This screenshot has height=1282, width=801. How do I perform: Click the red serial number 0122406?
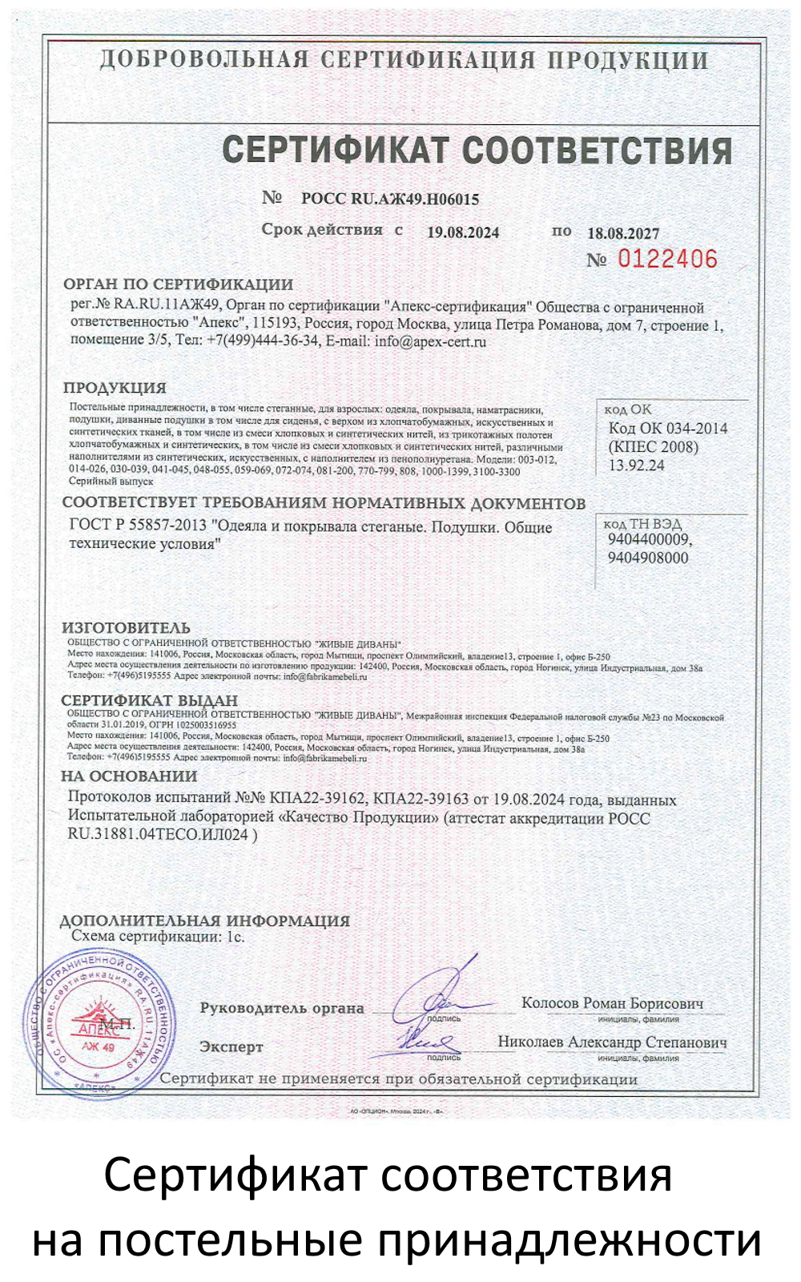(x=666, y=259)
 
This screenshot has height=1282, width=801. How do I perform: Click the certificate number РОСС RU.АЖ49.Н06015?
(x=390, y=199)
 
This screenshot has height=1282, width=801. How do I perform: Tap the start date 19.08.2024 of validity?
(x=462, y=232)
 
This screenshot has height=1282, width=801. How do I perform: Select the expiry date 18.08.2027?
(x=623, y=233)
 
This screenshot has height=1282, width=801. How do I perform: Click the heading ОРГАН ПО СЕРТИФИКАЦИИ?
(x=178, y=284)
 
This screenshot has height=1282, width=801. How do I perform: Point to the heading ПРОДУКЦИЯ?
(x=115, y=388)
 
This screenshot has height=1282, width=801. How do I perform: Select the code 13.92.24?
(x=636, y=466)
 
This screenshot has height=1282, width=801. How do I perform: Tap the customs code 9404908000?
(x=647, y=558)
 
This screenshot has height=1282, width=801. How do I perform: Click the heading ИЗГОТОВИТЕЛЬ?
(x=127, y=627)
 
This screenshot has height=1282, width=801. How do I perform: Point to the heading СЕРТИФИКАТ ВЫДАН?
(x=149, y=700)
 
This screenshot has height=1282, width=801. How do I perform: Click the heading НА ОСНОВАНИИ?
(x=129, y=776)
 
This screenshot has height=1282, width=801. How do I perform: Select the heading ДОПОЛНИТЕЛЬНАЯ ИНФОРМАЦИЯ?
(x=205, y=921)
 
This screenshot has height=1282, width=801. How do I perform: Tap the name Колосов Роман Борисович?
(x=612, y=1003)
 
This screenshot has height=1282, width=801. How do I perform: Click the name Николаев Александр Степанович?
(x=612, y=1042)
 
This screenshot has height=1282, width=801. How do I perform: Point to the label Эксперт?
(x=231, y=1046)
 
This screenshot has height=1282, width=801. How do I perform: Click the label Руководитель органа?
(x=282, y=1008)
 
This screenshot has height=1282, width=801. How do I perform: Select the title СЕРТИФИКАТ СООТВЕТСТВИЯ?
(x=477, y=151)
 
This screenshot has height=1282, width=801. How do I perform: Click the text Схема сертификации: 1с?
(x=158, y=936)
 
